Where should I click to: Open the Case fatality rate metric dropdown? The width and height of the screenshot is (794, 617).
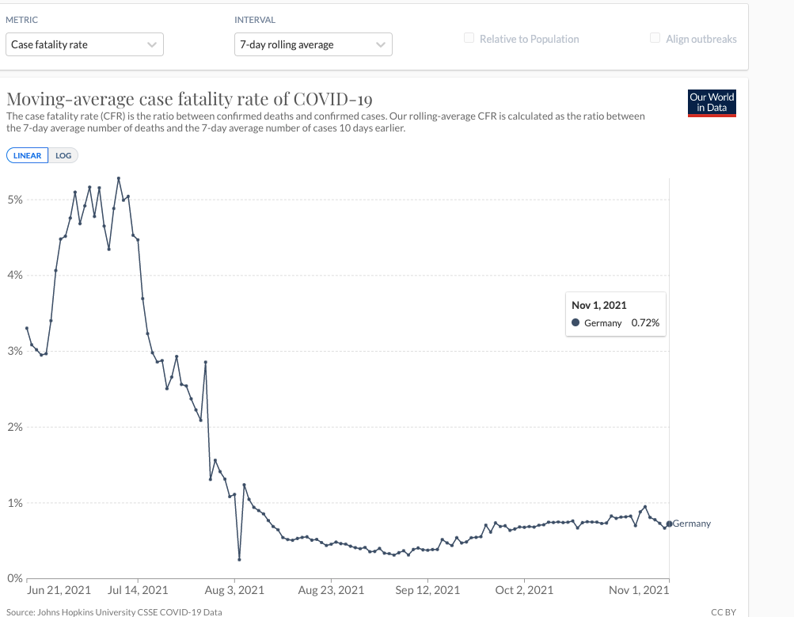pos(84,44)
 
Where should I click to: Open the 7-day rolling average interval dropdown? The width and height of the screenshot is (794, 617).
pos(313,44)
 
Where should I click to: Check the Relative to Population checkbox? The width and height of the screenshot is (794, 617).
pos(469,38)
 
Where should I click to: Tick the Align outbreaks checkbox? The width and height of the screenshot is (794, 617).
pos(655,38)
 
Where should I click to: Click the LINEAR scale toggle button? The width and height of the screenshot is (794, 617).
pos(28,155)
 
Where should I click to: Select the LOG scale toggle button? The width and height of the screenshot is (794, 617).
pos(63,155)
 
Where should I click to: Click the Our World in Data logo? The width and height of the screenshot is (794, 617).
pos(712,102)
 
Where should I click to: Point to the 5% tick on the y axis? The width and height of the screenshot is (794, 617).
pos(14,200)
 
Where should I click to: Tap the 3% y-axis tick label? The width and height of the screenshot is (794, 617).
pos(14,351)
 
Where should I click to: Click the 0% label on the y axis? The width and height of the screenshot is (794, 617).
pos(14,578)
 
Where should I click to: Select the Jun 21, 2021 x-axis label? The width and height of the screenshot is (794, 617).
pos(59,590)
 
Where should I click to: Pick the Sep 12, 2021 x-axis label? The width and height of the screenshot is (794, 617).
pos(427,590)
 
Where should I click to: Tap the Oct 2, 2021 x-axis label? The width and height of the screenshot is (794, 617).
pos(523,590)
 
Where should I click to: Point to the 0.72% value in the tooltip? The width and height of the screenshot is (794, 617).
pos(644,323)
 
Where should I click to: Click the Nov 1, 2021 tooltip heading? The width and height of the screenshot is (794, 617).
pos(598,305)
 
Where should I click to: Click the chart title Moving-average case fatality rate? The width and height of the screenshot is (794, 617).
pos(189,99)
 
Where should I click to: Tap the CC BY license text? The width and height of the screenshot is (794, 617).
pos(724,612)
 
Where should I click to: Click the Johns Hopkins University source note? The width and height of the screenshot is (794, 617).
pos(114,612)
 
